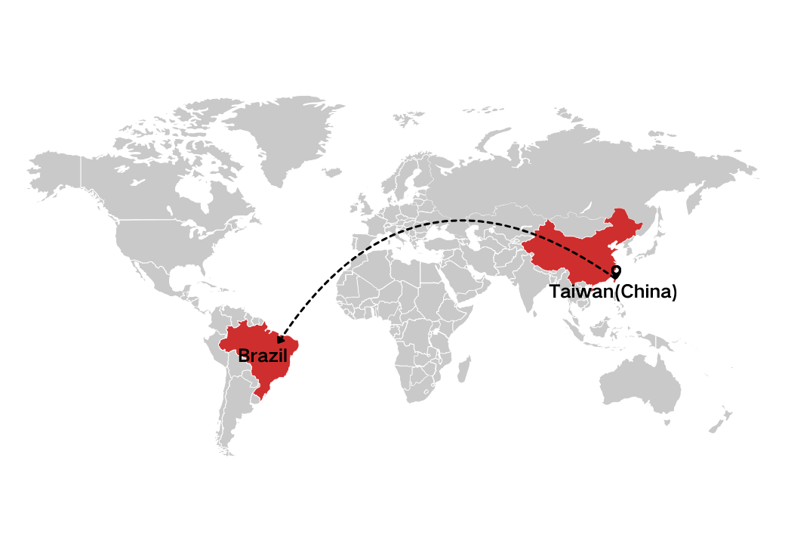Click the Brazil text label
(x=263, y=355)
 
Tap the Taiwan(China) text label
(x=613, y=292)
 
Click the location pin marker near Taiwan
(x=616, y=271)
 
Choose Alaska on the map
(x=57, y=174)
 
